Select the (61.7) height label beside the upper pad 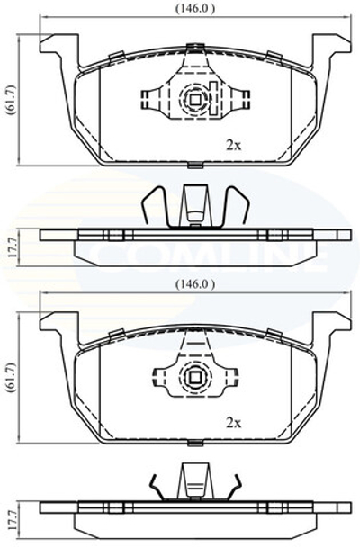tap(10, 102)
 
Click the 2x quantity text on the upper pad tap(234, 143)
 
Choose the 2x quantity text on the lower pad tap(234, 421)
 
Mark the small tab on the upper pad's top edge tap(193, 46)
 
